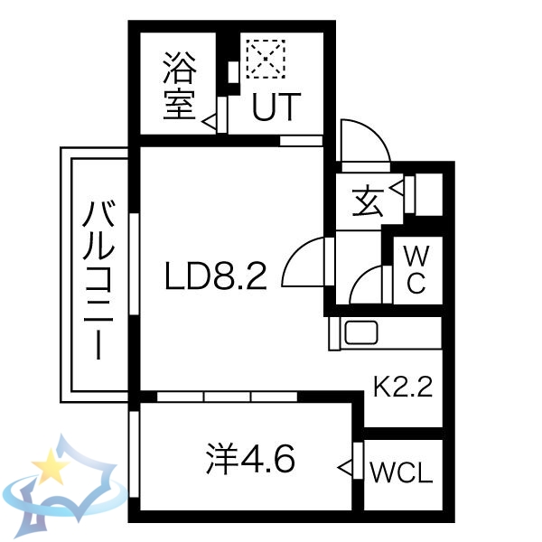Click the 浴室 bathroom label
tap(180, 86)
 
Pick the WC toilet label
tap(415, 268)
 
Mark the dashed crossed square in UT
tap(266, 58)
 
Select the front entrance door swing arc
tap(365, 143)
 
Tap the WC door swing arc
tap(365, 285)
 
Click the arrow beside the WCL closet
tap(345, 467)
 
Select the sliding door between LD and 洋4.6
tap(227, 396)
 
